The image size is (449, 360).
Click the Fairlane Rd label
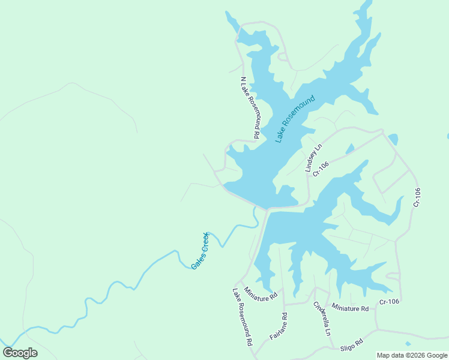(279, 326)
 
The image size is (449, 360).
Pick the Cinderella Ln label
(322, 319)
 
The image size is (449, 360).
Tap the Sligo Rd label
(352, 344)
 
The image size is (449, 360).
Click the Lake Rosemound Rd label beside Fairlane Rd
(242, 317)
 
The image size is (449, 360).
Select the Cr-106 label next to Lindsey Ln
(321, 167)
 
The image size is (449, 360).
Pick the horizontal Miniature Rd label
(350, 308)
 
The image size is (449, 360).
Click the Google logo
(20, 353)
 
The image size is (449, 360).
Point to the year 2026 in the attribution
(412, 355)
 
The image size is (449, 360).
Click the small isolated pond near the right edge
(393, 139)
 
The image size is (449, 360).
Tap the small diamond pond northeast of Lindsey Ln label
(349, 149)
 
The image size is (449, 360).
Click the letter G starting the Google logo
(9, 353)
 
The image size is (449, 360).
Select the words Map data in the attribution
(390, 355)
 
